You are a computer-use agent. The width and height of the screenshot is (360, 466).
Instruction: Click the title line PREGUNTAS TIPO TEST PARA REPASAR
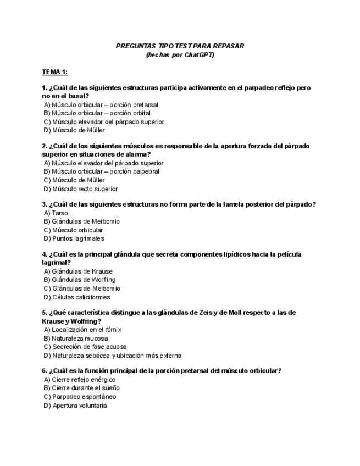(180, 46)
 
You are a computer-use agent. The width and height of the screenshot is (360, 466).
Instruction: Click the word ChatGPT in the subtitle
(198, 55)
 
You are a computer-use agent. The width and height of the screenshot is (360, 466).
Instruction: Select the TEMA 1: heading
(55, 72)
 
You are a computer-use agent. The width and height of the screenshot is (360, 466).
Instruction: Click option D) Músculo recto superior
(80, 189)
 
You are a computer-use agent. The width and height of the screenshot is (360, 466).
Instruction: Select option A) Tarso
(56, 213)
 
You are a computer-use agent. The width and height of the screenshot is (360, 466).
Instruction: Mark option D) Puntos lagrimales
(74, 238)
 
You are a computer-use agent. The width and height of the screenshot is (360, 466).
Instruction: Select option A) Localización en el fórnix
(82, 330)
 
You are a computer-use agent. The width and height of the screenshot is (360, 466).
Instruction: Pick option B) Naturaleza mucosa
(75, 339)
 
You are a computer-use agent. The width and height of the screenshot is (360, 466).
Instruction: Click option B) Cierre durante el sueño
(81, 388)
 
